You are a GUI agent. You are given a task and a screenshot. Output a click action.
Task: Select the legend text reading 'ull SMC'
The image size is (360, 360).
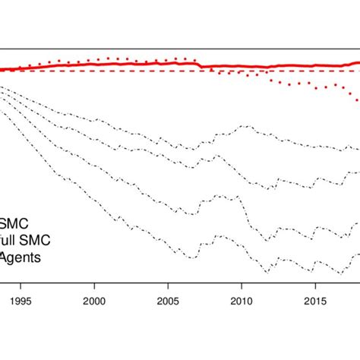(x=25, y=242)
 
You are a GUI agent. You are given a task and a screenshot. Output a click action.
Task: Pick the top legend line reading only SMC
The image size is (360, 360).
(x=14, y=226)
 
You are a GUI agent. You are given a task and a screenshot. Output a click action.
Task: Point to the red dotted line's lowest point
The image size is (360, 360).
(x=358, y=100)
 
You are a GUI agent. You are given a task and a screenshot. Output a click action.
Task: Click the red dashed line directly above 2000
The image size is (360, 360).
(x=94, y=71)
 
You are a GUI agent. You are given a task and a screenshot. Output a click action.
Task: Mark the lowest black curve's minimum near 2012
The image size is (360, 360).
(x=267, y=271)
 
